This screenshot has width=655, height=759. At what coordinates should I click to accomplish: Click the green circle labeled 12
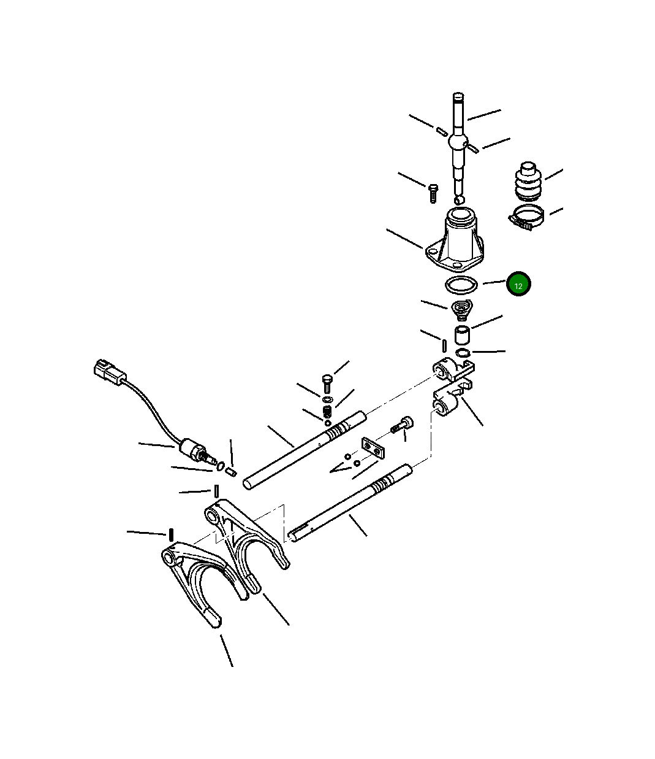tap(518, 284)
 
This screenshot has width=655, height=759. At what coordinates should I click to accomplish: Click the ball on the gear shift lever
tap(458, 142)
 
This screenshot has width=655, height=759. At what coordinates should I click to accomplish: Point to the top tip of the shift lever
tap(458, 96)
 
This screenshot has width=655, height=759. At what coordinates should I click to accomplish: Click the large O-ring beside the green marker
tap(460, 285)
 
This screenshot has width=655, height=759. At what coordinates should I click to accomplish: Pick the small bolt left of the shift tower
tap(432, 193)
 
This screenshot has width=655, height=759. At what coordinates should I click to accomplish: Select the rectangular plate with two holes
tap(372, 448)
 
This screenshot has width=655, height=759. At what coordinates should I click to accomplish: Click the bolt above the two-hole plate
tap(405, 425)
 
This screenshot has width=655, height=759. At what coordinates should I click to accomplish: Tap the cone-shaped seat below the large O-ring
tap(460, 310)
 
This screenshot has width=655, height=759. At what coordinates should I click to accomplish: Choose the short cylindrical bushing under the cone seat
tap(461, 335)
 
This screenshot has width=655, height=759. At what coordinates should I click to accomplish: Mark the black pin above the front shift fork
tap(172, 534)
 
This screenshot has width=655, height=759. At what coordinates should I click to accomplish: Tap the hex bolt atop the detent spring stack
tap(327, 381)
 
